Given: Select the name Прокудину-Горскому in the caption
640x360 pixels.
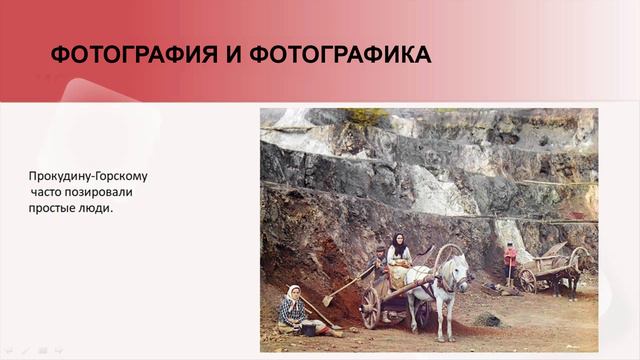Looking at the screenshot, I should pyautogui.click(x=88, y=175).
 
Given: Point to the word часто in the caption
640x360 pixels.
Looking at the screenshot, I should pyautogui.click(x=47, y=192).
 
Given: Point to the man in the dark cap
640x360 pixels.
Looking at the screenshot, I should pyautogui.click(x=379, y=268).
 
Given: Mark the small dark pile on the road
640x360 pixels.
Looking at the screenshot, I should pyautogui.click(x=488, y=319).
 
